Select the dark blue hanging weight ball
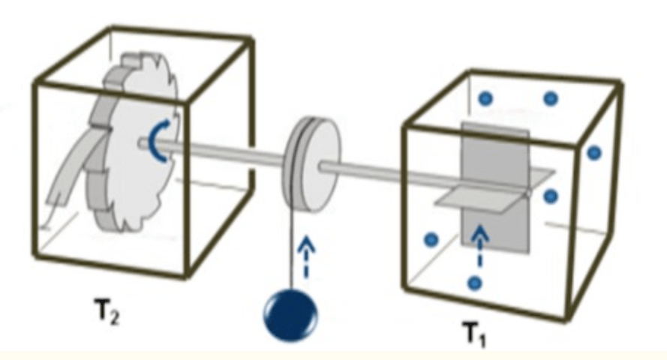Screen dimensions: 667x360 [x=290, y=313]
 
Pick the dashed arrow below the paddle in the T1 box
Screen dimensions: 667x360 [x=480, y=247]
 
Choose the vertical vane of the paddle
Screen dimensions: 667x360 [x=495, y=187]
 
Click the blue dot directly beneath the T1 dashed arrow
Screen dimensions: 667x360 [x=475, y=283]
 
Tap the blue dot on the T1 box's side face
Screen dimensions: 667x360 [x=595, y=153]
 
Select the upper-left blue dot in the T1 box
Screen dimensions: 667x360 [x=485, y=98]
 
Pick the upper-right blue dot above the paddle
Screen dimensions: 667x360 [x=551, y=98]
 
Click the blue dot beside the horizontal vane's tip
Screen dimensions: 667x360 [x=551, y=196]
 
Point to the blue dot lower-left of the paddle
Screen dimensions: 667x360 [x=431, y=240]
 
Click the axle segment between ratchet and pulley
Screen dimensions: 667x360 [x=212, y=151]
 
